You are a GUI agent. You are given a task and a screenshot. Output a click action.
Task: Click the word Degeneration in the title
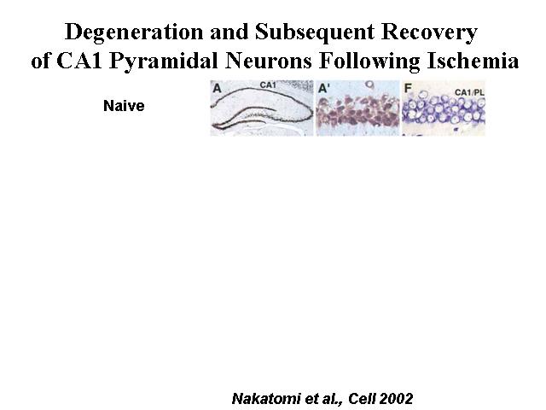pyautogui.click(x=134, y=32)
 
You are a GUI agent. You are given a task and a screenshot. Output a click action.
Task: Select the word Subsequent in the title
pyautogui.click(x=315, y=32)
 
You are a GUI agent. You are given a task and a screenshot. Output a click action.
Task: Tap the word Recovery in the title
pyautogui.click(x=429, y=32)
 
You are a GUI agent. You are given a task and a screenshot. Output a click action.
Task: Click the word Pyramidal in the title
pyautogui.click(x=163, y=62)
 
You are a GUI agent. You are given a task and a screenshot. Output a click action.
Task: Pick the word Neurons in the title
pyautogui.click(x=268, y=61)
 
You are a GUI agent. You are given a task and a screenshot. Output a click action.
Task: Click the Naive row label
pyautogui.click(x=124, y=106)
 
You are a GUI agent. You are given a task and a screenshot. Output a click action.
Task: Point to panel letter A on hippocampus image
pyautogui.click(x=217, y=88)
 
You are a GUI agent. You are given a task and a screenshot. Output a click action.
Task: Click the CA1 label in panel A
pyautogui.click(x=268, y=85)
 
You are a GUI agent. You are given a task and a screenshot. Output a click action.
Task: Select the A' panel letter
pyautogui.click(x=323, y=89)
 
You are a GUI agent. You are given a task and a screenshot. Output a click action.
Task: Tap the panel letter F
pyautogui.click(x=408, y=88)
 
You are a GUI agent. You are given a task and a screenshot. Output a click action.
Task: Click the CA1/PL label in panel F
pyautogui.click(x=469, y=92)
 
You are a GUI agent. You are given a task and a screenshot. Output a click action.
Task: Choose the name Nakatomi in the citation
pyautogui.click(x=265, y=399)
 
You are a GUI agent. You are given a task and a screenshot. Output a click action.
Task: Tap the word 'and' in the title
pyautogui.click(x=229, y=32)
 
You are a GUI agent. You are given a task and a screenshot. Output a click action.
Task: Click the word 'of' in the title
pyautogui.click(x=40, y=61)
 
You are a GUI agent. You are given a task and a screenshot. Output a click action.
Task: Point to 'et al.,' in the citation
pyautogui.click(x=324, y=399)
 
